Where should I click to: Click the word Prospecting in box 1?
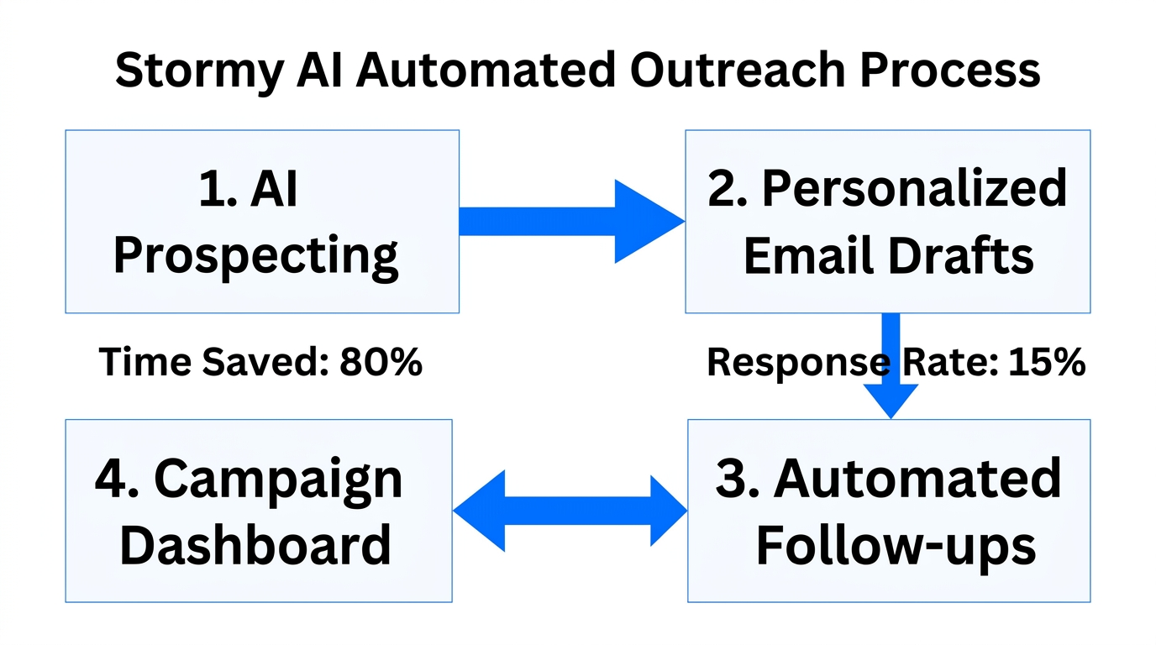point(255,255)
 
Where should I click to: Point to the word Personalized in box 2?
point(914,188)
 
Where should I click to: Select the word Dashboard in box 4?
point(255,545)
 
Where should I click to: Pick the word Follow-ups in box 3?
point(896,545)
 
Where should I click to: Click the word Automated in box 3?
point(917,479)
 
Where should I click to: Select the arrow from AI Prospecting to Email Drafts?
point(571,222)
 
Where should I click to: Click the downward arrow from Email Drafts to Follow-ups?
point(890,370)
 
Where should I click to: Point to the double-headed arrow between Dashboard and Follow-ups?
point(570,511)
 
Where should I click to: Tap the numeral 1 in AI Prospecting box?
point(210,190)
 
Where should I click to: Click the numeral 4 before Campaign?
point(110,480)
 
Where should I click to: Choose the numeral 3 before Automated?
point(731,479)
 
